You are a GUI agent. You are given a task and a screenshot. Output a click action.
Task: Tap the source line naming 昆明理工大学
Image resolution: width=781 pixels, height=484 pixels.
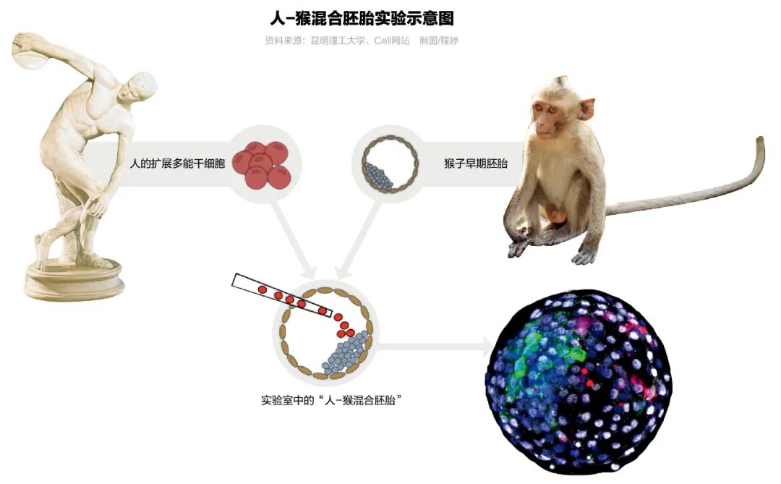(362, 41)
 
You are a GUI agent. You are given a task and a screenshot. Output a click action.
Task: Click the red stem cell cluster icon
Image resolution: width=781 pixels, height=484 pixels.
(265, 164)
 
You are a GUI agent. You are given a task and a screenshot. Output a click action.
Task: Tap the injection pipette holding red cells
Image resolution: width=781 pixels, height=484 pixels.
(282, 296)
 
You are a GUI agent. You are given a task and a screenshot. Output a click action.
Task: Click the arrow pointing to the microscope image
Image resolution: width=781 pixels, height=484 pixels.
(434, 347)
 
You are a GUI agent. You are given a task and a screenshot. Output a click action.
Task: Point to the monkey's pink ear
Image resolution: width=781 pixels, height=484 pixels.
(586, 109)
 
